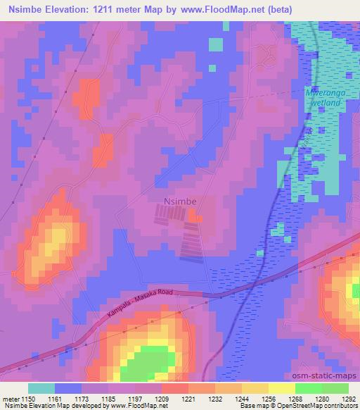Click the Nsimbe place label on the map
[179, 201]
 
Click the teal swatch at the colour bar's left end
[41, 388]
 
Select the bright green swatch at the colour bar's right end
[335, 388]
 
